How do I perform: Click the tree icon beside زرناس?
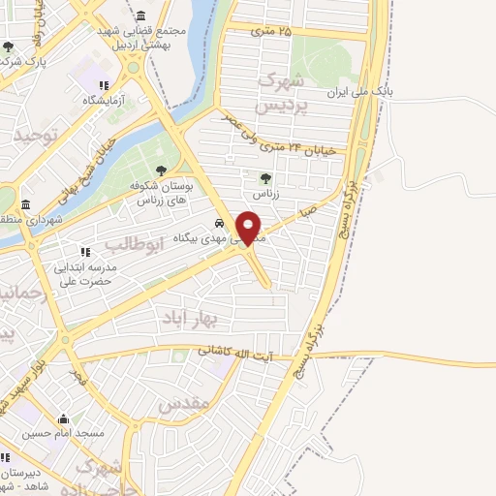(265, 177)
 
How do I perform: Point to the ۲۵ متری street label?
(271, 32)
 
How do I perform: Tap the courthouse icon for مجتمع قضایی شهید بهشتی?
(142, 16)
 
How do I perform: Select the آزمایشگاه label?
(106, 100)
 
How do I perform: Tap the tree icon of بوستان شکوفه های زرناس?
(161, 170)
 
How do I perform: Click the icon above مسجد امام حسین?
(64, 419)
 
